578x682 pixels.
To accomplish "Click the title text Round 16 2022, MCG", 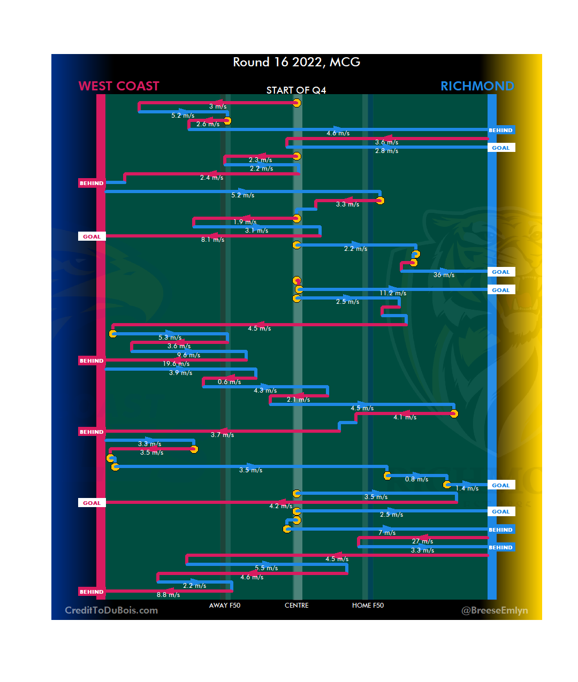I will pos(296,62).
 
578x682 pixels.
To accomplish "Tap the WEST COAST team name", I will pos(119,86).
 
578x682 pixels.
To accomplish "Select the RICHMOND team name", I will pos(477,86).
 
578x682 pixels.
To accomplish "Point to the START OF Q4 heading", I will pos(296,90).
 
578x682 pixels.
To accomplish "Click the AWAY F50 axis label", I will pos(225,606).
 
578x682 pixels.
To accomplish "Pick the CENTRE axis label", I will pos(296,606).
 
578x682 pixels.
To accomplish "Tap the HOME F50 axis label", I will pos(368,606).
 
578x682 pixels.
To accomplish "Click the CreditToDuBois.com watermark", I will pos(111,610).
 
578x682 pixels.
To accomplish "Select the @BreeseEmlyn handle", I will pos(495,610).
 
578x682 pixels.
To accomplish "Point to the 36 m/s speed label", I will pos(444,275).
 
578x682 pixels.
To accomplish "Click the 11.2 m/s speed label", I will pos(393,293).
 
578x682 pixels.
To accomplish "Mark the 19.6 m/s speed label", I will pos(176,364).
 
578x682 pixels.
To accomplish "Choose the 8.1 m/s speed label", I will pos(212,240).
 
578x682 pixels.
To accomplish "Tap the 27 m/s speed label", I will pos(422,541).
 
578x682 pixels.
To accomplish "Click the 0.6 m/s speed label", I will pos(229,382).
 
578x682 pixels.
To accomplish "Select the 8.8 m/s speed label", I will pos(168,595).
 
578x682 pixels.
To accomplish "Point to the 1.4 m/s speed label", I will pos(467,488).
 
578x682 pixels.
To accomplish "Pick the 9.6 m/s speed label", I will pos(188,355).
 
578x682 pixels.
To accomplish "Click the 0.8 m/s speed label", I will pos(416,479).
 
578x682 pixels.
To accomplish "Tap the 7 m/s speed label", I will pos(387,533).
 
